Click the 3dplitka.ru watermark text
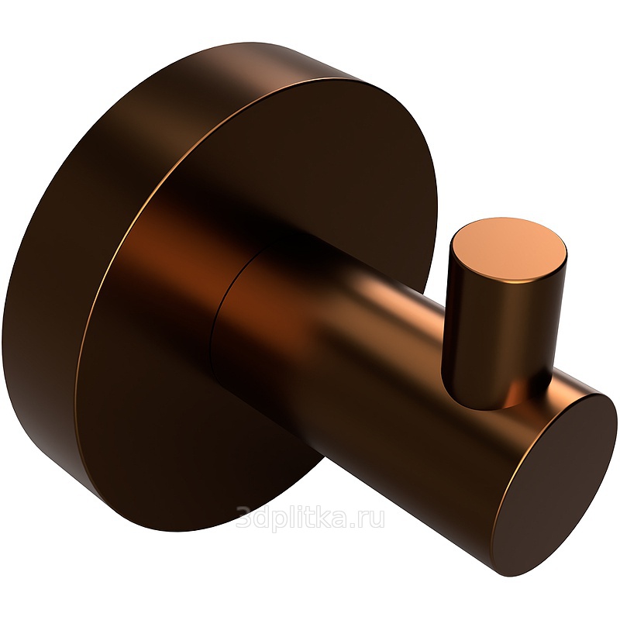(310, 517)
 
